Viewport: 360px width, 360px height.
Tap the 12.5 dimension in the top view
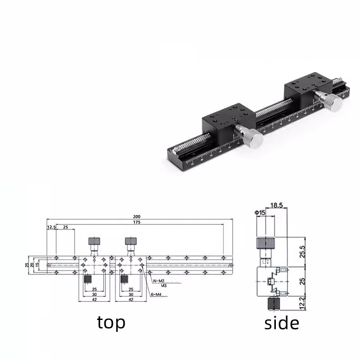coord(51,228)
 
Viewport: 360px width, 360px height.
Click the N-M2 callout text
coord(158,281)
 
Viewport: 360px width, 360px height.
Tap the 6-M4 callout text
coord(156,295)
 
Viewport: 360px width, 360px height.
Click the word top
coord(111,322)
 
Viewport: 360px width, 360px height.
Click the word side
coord(282,322)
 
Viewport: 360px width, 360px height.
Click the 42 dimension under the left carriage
coord(94,299)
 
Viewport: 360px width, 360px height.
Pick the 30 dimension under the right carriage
coord(131,294)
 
